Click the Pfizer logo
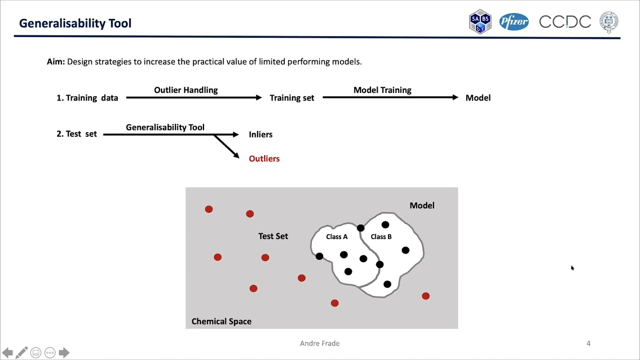tap(513, 22)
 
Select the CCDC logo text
tap(565, 22)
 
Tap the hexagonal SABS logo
tap(480, 21)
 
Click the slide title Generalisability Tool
tap(75, 23)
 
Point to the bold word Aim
tap(55, 62)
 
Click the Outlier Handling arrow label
tap(186, 90)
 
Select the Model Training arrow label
tap(382, 90)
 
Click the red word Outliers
tap(264, 158)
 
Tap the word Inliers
tap(260, 134)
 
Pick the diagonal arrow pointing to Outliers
tap(226, 146)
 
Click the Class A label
tap(336, 236)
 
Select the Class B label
tap(381, 236)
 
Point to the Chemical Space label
tap(221, 321)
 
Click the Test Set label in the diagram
tap(273, 236)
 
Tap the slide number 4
tap(588, 343)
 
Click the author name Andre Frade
tap(319, 343)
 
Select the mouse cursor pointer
tap(572, 268)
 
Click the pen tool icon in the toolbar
tap(21, 352)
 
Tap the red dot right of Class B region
tap(425, 296)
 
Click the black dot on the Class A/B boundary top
tap(360, 228)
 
